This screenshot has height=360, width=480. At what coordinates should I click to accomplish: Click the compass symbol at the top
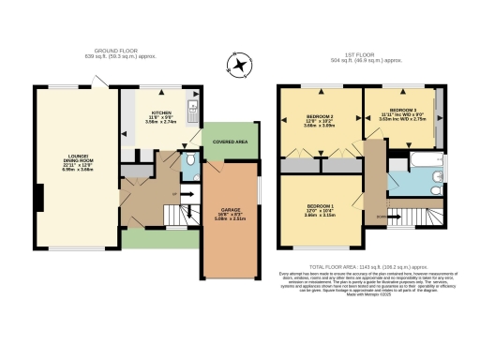point(241,65)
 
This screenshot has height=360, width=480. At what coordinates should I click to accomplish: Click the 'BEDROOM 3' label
point(404,111)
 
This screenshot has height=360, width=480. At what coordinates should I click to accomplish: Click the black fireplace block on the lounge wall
point(39,198)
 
